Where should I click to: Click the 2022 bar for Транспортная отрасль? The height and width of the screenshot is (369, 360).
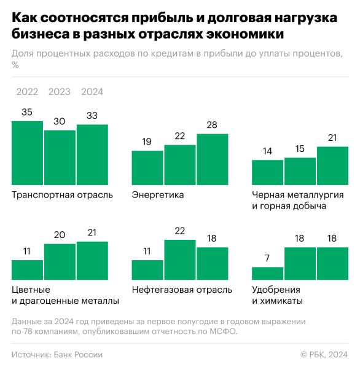click(28, 152)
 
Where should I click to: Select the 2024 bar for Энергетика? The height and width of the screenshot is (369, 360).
click(212, 158)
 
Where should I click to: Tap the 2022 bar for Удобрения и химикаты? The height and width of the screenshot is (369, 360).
click(268, 274)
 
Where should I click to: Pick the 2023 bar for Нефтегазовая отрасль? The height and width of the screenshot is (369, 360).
click(180, 260)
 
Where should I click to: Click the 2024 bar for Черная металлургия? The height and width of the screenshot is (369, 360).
click(332, 164)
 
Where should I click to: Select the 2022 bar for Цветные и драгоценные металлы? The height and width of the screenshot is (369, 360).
click(28, 270)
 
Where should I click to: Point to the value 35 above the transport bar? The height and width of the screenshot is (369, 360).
click(27, 113)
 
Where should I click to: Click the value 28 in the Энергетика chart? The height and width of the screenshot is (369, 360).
click(212, 125)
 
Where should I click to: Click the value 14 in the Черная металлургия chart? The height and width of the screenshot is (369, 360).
click(268, 151)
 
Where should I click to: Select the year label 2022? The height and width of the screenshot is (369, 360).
click(27, 92)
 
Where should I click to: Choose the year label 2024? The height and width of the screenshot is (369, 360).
click(92, 92)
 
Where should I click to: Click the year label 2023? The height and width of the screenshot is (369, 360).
click(60, 92)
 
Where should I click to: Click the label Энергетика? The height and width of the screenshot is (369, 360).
click(158, 195)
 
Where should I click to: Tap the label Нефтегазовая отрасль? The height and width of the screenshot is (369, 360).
click(182, 290)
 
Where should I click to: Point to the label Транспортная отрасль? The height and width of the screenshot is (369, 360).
click(62, 195)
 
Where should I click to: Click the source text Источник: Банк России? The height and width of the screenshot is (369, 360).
click(57, 354)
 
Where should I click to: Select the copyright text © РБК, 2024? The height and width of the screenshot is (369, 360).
click(324, 354)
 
